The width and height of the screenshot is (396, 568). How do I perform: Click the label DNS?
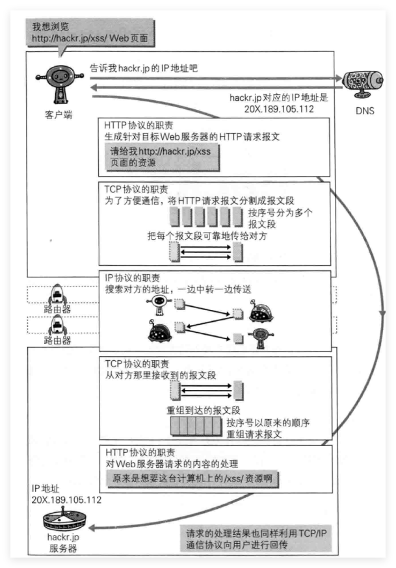pos(365,111)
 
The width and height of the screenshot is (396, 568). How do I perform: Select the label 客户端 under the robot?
pos(59,114)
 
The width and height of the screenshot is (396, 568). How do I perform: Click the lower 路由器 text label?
pos(58,340)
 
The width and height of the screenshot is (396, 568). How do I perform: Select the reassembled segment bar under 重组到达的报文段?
pos(196,427)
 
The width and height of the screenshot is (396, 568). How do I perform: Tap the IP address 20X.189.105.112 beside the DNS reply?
pos(270,109)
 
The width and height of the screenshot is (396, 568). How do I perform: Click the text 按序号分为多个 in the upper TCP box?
pos(281,213)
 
